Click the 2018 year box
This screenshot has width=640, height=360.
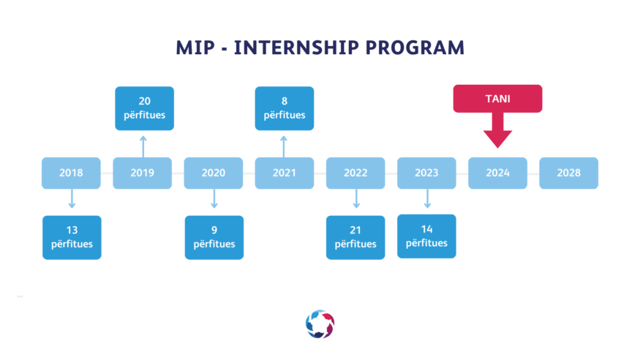point(71,173)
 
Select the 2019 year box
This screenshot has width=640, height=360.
point(143,173)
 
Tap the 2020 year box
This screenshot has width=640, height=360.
point(214,173)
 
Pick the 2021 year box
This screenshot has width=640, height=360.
point(285,173)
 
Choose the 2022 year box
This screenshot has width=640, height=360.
point(355,173)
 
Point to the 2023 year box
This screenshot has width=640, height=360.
point(426,173)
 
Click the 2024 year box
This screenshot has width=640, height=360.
point(497,173)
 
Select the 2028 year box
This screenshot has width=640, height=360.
point(568,173)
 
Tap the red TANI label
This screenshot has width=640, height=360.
point(497,99)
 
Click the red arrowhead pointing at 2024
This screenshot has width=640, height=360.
point(497,139)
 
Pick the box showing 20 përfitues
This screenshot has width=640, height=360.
point(145,108)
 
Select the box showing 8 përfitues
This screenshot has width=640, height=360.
point(285,108)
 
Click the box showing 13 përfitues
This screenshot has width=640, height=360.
point(72,238)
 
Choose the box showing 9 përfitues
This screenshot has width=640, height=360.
point(214,238)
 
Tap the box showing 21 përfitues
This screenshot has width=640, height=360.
point(355,238)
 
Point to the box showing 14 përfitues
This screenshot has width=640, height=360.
point(426,236)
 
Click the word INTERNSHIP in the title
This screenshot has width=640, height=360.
point(296,48)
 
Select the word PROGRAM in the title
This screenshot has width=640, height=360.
point(415,48)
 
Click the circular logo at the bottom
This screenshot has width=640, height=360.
point(320,324)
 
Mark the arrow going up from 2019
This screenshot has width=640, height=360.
point(143,146)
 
